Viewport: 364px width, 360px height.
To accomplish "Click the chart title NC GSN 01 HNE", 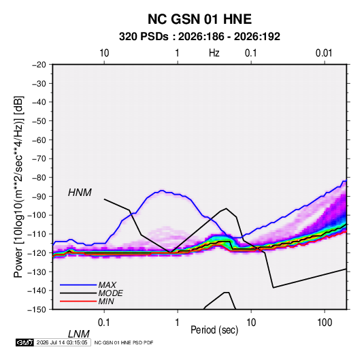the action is (199, 19).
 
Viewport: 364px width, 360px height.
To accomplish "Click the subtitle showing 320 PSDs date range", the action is (199, 37).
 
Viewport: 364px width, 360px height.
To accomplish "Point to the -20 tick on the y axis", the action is (39, 65).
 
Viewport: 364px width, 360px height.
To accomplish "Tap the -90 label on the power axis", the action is (39, 197).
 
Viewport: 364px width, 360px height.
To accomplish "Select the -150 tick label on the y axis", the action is (37, 310).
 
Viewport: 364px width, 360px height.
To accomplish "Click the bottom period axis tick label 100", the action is (325, 323).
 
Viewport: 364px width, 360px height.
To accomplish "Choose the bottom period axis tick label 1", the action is (178, 323).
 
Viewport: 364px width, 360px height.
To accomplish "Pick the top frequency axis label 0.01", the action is (324, 53).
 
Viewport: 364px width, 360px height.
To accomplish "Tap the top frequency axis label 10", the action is (104, 53).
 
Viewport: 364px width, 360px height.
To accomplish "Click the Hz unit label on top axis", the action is (214, 53).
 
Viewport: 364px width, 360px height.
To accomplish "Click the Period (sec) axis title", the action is (214, 330).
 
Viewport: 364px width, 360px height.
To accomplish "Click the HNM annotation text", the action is (80, 193).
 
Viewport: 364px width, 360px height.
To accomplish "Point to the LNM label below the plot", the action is (79, 334).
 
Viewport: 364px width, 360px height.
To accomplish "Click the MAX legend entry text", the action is (107, 285).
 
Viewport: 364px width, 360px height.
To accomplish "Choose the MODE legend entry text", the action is (110, 293).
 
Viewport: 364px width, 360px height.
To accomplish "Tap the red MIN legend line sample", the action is (78, 301).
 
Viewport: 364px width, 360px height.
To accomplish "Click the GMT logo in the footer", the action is (24, 342).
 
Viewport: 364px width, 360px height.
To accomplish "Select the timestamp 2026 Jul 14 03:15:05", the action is (62, 342).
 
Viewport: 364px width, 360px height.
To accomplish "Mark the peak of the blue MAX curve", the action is (162, 191).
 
